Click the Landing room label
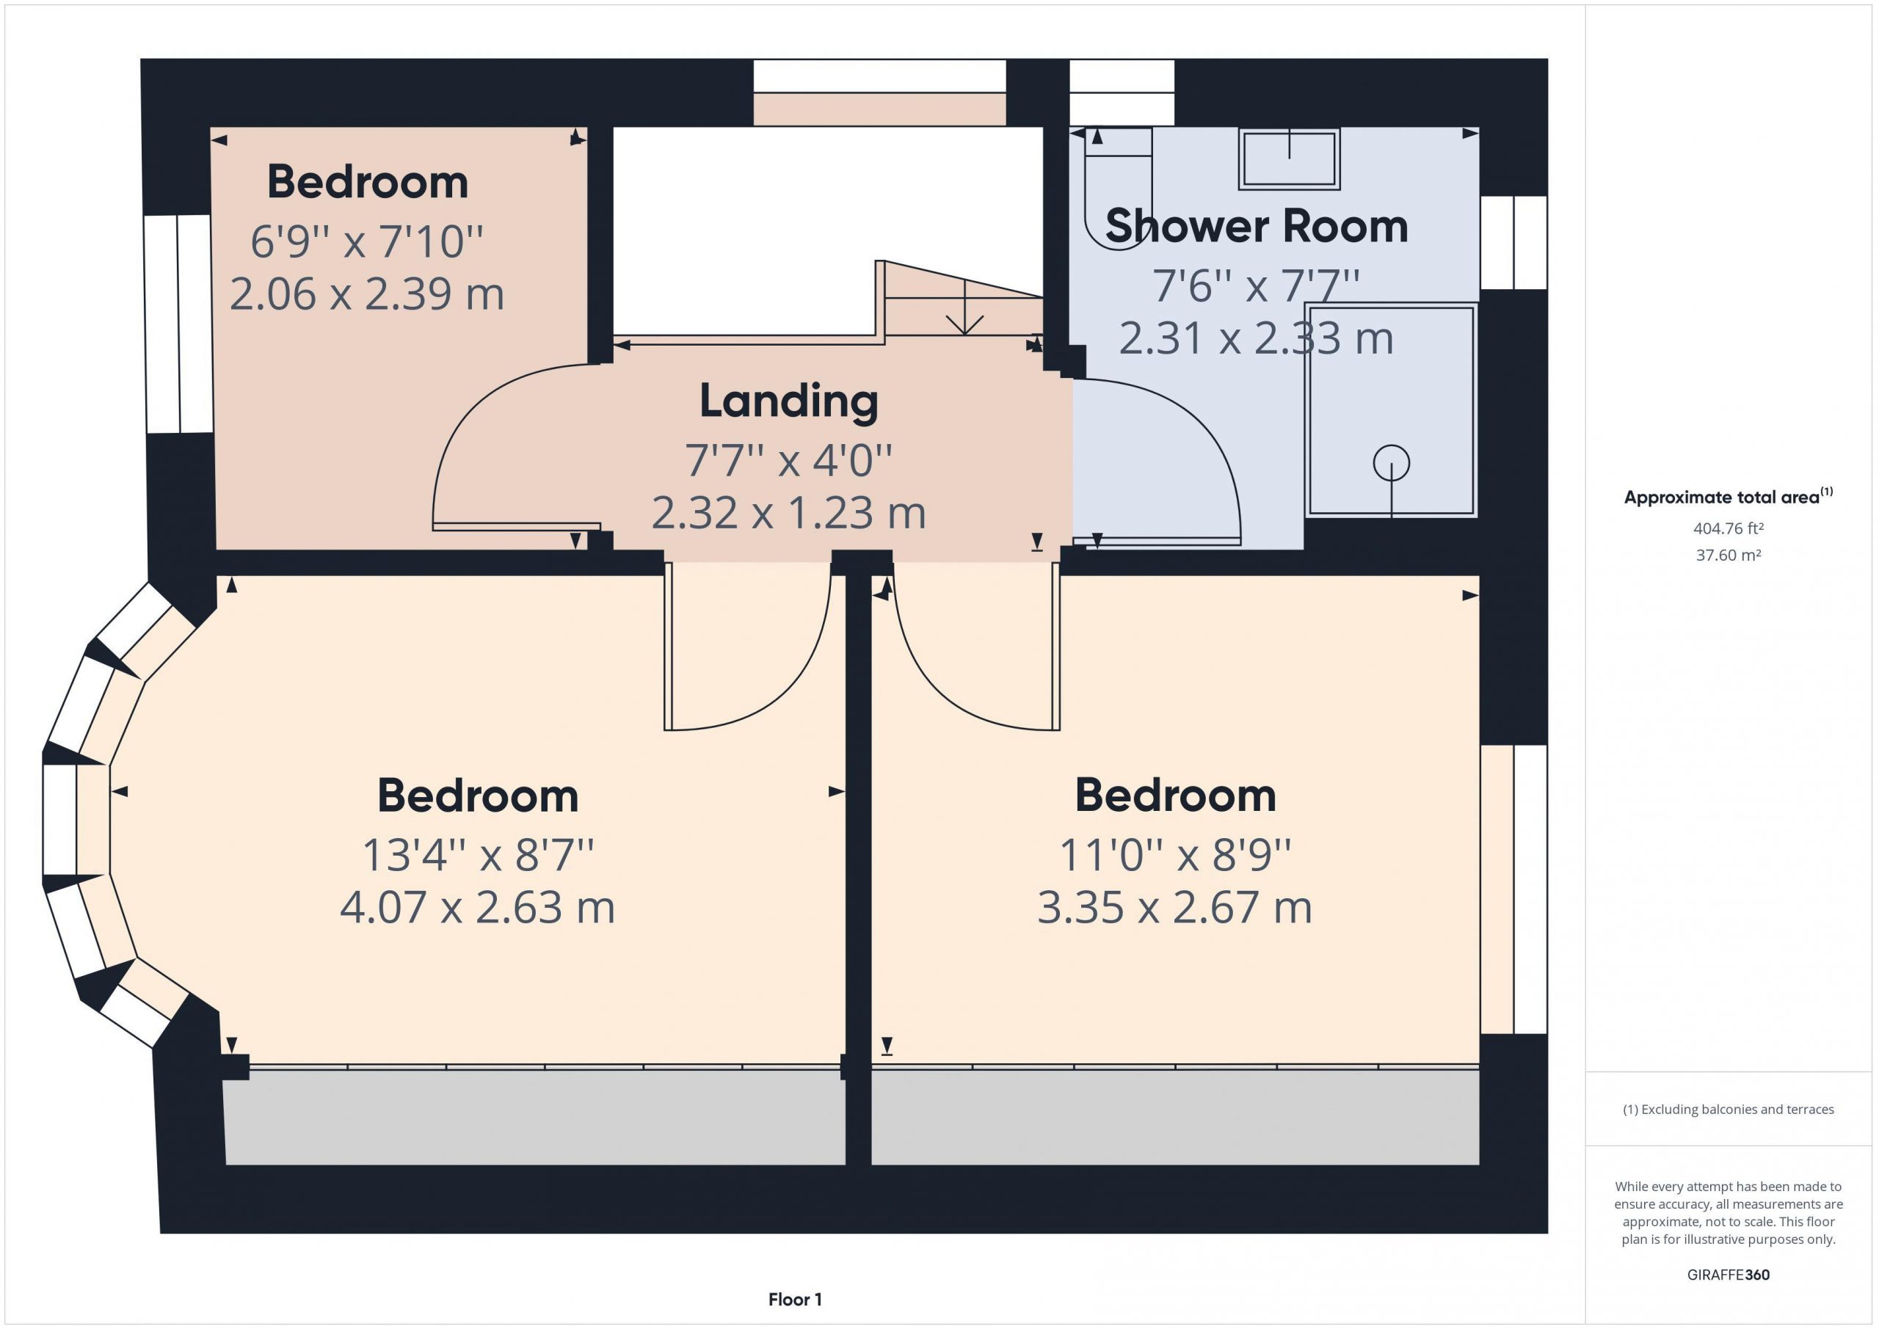click(x=789, y=402)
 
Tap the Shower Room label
click(x=1256, y=226)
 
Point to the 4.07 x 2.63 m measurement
click(x=477, y=908)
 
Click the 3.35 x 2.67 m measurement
click(x=1174, y=908)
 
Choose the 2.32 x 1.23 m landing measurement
click(x=789, y=513)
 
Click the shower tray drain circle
click(x=1391, y=463)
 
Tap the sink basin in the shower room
click(x=1289, y=159)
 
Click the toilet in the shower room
click(x=1118, y=186)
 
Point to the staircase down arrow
click(x=966, y=307)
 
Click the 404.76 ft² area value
click(x=1729, y=528)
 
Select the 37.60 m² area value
click(x=1729, y=555)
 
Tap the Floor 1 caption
click(x=795, y=1300)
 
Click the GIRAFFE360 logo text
click(x=1729, y=1275)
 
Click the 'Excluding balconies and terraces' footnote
click(x=1729, y=1110)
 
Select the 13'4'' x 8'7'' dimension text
click(x=477, y=855)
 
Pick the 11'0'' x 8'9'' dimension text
click(x=1174, y=855)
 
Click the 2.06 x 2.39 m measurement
click(x=367, y=294)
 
